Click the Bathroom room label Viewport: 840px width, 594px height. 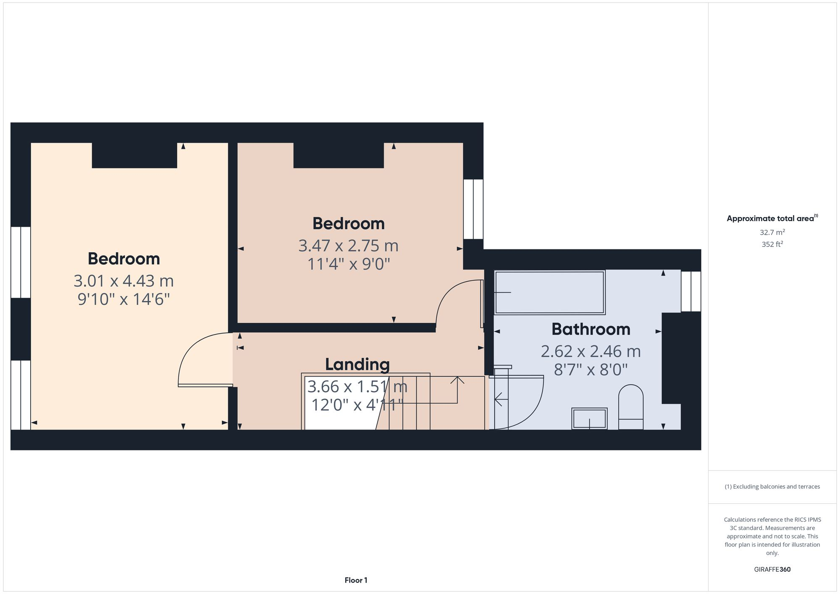tap(591, 329)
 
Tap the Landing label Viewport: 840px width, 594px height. tap(357, 364)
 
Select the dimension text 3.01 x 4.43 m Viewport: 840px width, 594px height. tap(123, 281)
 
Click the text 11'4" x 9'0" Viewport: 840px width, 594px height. tap(349, 264)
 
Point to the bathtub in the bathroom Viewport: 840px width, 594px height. tap(549, 292)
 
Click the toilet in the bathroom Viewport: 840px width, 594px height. tap(631, 407)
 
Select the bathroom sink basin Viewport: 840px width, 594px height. tap(589, 419)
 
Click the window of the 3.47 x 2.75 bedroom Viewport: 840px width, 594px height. tap(473, 209)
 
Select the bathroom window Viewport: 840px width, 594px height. tap(691, 291)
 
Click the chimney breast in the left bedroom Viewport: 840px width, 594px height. tap(134, 155)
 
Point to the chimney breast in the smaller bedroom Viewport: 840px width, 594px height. tap(339, 155)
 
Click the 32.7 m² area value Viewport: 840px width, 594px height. tap(772, 232)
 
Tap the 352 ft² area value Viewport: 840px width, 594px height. tap(772, 244)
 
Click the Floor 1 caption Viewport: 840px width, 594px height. tap(356, 580)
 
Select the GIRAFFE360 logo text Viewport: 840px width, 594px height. tap(772, 569)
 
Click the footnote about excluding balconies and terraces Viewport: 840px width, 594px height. tap(772, 487)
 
